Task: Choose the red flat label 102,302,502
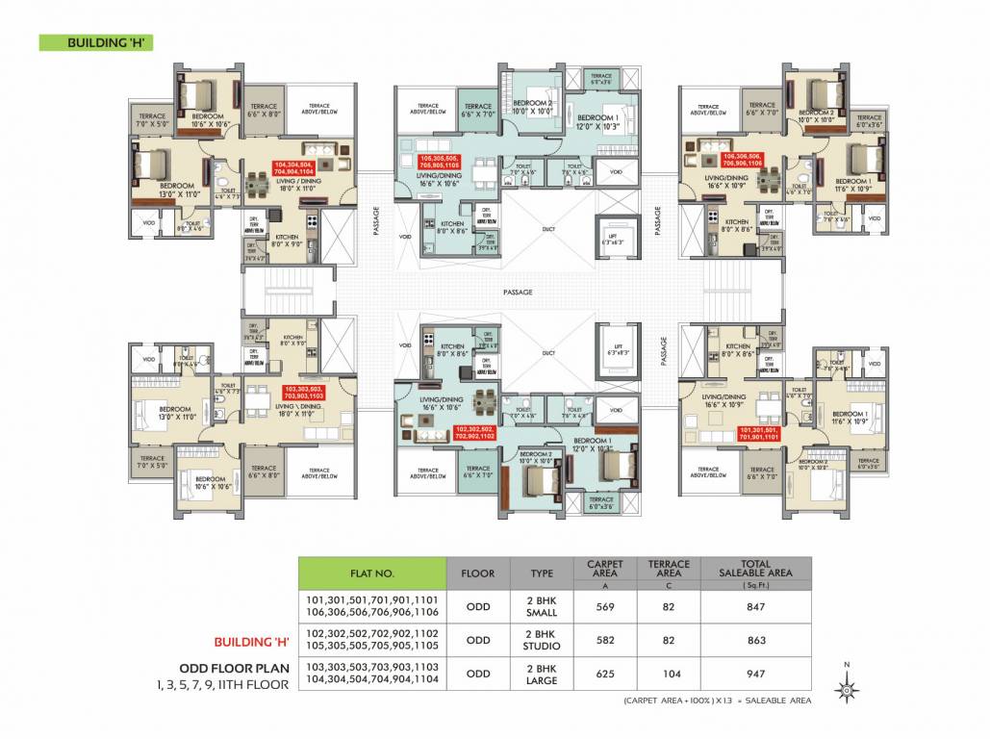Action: [473, 432]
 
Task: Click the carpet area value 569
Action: [604, 606]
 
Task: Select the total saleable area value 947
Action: [755, 675]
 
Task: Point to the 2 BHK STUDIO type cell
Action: [542, 640]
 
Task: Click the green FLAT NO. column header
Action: [372, 573]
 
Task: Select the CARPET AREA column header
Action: [604, 569]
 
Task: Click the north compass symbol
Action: [846, 688]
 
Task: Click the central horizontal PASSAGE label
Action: [517, 293]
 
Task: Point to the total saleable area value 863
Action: [755, 640]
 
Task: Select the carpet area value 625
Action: [604, 675]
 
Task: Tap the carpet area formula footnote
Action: [717, 701]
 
